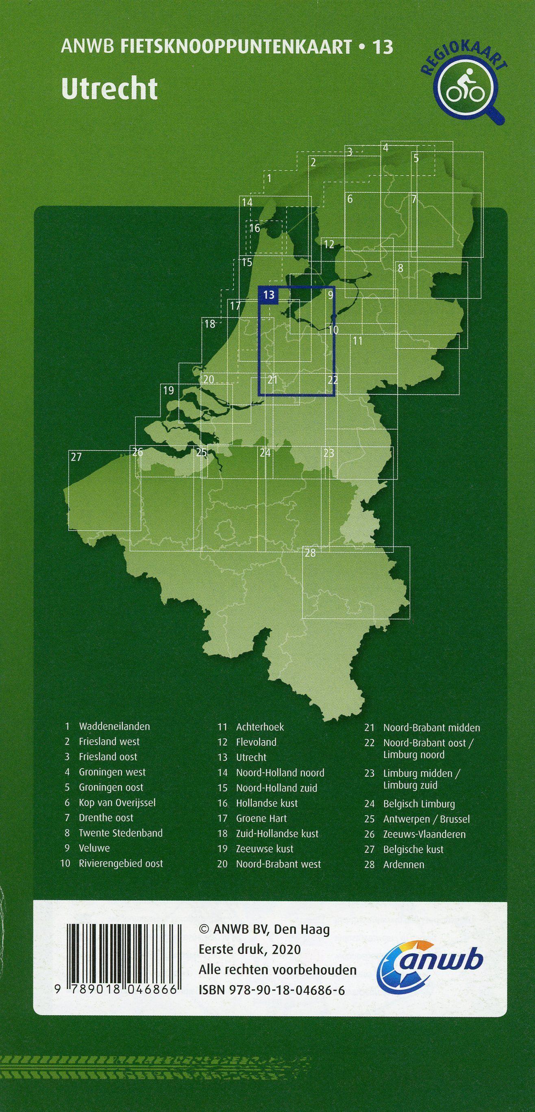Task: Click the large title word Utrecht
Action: coord(109,89)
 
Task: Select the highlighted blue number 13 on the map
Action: coord(269,295)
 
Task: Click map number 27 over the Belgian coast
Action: coord(76,457)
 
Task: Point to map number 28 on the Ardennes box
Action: coord(310,553)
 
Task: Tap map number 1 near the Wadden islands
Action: coord(270,178)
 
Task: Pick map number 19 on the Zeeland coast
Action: coord(168,391)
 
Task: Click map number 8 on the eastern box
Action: coord(401,268)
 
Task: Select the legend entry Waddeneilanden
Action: coord(114,726)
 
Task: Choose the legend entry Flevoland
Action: coord(256,742)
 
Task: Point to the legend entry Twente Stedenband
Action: coord(120,833)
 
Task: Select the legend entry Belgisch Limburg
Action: coord(419,804)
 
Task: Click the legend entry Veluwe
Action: coord(94,848)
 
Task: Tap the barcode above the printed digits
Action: coord(123,953)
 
